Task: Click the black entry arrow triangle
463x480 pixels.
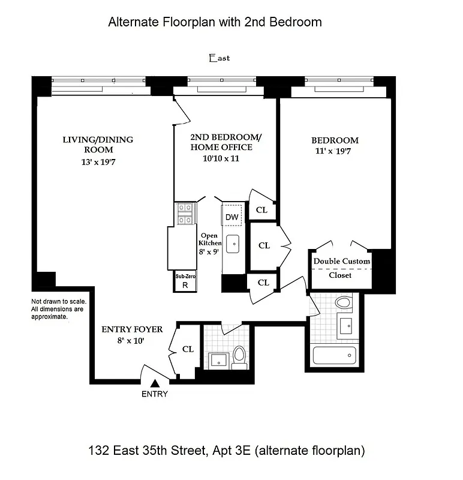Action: pos(155,382)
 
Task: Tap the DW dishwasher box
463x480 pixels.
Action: pos(232,216)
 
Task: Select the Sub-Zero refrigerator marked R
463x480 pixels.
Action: pos(185,282)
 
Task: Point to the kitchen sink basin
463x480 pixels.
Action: pos(233,244)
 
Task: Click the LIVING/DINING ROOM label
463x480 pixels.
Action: pos(98,145)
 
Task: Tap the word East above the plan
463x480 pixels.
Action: pos(219,58)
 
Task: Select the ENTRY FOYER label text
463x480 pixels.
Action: pos(132,329)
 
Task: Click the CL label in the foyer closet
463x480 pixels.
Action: pos(188,349)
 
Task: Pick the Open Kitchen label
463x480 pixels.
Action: pos(210,239)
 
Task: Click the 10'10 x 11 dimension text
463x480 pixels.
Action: pos(221,158)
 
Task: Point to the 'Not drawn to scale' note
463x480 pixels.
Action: pos(59,308)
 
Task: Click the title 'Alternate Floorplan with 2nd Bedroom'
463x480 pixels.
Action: pos(215,22)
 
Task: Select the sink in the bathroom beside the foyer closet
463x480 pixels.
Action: pos(217,360)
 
